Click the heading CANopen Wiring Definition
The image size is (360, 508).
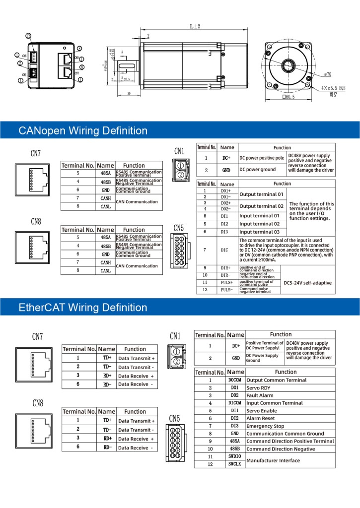coord(83,131)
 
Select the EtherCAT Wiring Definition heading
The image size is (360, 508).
coord(83,308)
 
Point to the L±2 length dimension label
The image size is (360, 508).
coord(195,27)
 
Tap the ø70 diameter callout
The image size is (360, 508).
coord(327,74)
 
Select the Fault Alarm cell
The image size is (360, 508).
coord(260,395)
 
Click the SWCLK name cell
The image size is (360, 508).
coord(234,464)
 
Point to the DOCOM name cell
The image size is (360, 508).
coord(234,380)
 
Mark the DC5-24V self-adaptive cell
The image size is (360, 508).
coord(307,283)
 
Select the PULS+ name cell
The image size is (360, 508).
coord(224,282)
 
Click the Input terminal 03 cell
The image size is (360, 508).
coord(259,232)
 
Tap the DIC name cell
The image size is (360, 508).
coord(224,250)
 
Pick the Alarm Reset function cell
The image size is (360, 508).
coord(261,418)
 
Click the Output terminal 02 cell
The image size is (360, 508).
coord(261,206)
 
